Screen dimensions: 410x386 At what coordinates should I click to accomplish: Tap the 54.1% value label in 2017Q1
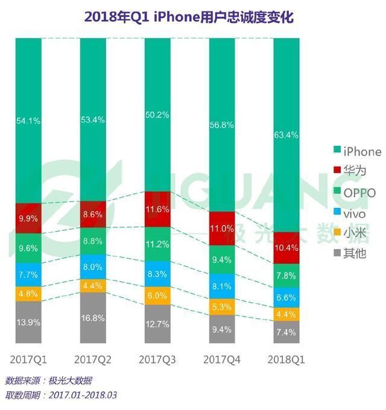coord(28,121)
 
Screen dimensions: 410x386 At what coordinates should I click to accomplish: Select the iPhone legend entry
coord(356,151)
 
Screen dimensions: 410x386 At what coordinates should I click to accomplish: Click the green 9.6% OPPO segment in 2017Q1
coord(28,247)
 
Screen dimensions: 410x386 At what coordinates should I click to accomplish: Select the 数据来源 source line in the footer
coord(48,380)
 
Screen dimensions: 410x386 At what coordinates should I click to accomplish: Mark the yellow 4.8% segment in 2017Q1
coord(28,294)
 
